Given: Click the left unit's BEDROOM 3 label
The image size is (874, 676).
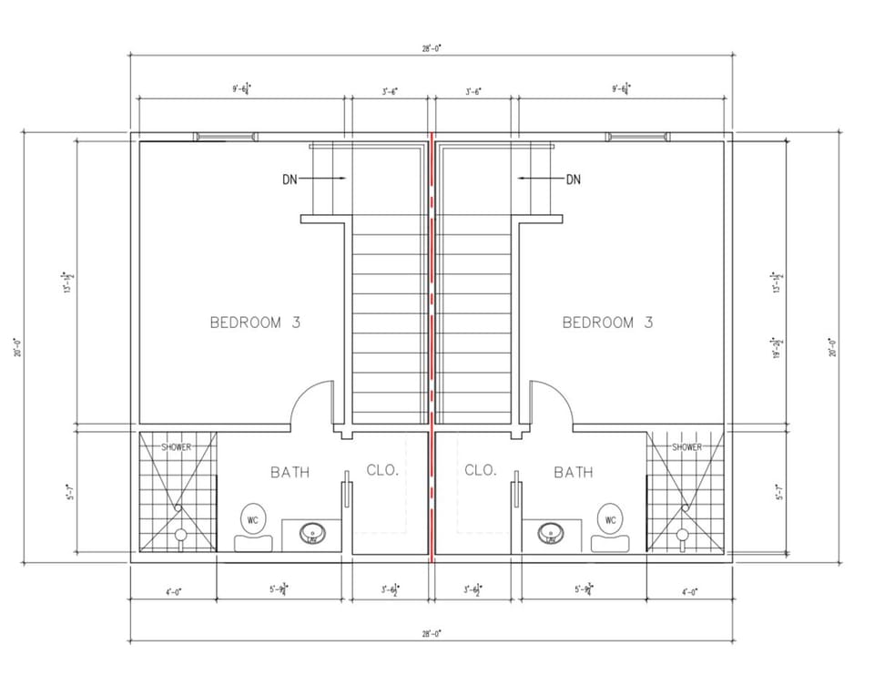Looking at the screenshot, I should coord(255,322).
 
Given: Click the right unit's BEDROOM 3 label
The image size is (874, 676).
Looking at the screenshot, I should coord(607,322).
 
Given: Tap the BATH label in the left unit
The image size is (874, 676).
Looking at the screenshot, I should coord(290,472).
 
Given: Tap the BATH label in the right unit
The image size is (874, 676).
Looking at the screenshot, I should coord(573,472).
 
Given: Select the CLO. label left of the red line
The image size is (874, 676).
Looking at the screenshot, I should coord(381,470).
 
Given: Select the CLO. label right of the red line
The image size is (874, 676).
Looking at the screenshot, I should coord(480,470).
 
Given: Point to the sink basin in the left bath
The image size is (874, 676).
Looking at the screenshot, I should coord(312,532).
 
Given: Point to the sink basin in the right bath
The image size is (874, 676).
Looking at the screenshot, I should coord(549,532).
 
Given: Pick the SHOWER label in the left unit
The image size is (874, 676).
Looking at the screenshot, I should coord(177,447).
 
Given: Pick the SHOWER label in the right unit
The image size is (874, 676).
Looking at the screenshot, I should coord(686,447).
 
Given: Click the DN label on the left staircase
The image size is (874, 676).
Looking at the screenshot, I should coord(290,179).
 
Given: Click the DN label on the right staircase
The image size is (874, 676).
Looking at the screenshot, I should coord(573,179).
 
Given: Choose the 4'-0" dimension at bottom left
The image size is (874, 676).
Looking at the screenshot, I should coord(173,591).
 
